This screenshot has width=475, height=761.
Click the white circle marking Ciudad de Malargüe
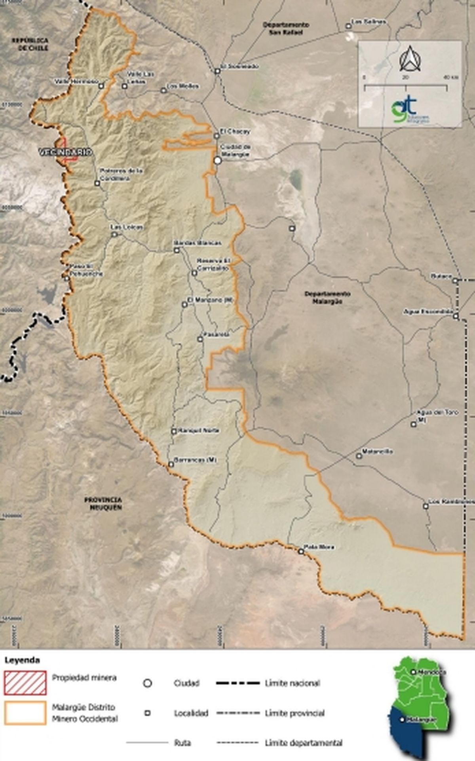coord(217,160)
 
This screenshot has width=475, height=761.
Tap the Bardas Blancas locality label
coord(198,243)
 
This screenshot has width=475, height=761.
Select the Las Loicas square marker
coord(114,234)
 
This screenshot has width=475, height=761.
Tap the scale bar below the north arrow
coord(405,87)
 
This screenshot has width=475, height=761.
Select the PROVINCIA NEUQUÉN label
coord(103,503)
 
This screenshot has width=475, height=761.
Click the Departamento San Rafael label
coord(286,28)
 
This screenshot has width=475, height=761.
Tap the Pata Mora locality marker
coord(301,551)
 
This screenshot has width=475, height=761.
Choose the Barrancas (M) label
coord(196,460)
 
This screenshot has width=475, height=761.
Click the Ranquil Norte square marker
coord(174,431)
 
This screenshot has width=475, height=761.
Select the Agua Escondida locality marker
coord(456,316)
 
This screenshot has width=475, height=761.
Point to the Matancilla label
coord(378,452)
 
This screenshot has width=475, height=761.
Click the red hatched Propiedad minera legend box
coord(25,683)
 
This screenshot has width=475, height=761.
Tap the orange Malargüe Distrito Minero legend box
coord(25,713)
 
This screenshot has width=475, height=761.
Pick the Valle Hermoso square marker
coord(101,85)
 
